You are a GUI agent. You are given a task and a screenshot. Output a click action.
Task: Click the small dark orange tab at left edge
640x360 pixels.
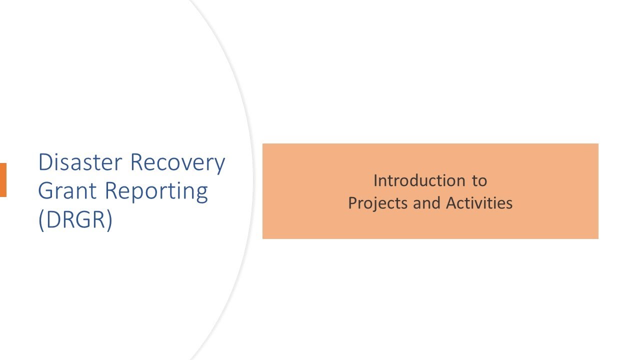3,180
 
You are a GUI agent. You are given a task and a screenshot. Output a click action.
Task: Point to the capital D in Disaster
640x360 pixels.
46,162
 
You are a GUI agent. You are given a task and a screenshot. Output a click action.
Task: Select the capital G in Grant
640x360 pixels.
46,191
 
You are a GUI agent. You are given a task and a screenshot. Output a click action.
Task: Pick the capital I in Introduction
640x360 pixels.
375,180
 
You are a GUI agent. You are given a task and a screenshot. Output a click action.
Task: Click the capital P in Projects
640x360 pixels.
352,203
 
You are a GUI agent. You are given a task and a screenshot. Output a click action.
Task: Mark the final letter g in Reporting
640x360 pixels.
201,194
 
